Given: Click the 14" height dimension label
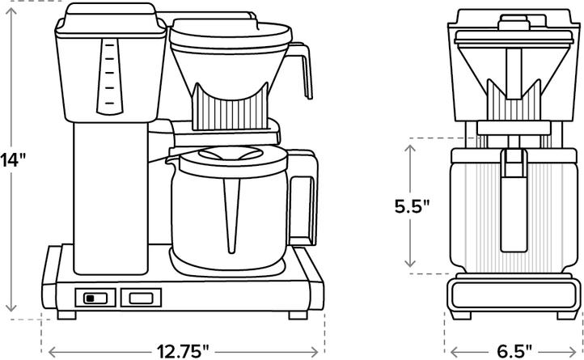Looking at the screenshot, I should [13, 159].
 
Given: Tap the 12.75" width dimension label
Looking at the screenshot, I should [184, 350].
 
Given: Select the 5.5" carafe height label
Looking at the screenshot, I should [412, 206].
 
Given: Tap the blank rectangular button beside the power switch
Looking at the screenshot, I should [135, 298].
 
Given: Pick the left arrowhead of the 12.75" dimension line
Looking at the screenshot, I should [53, 351].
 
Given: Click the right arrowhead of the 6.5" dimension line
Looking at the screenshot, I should [576, 351].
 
